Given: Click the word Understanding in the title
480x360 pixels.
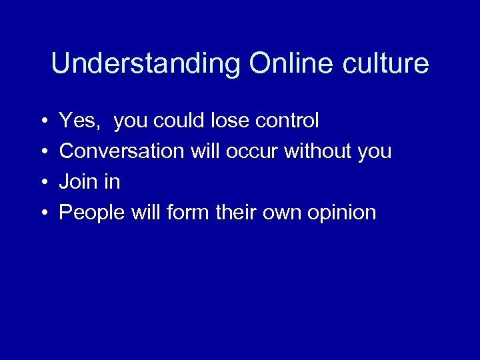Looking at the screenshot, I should pos(146,65).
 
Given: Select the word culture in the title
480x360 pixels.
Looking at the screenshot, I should pos(386,63).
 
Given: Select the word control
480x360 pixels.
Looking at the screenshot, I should pos(288,121).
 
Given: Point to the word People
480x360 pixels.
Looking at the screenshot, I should pos(90,213).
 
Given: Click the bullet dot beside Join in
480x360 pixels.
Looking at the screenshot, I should pos(43,183).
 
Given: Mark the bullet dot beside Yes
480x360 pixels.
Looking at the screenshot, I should pos(43,121).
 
